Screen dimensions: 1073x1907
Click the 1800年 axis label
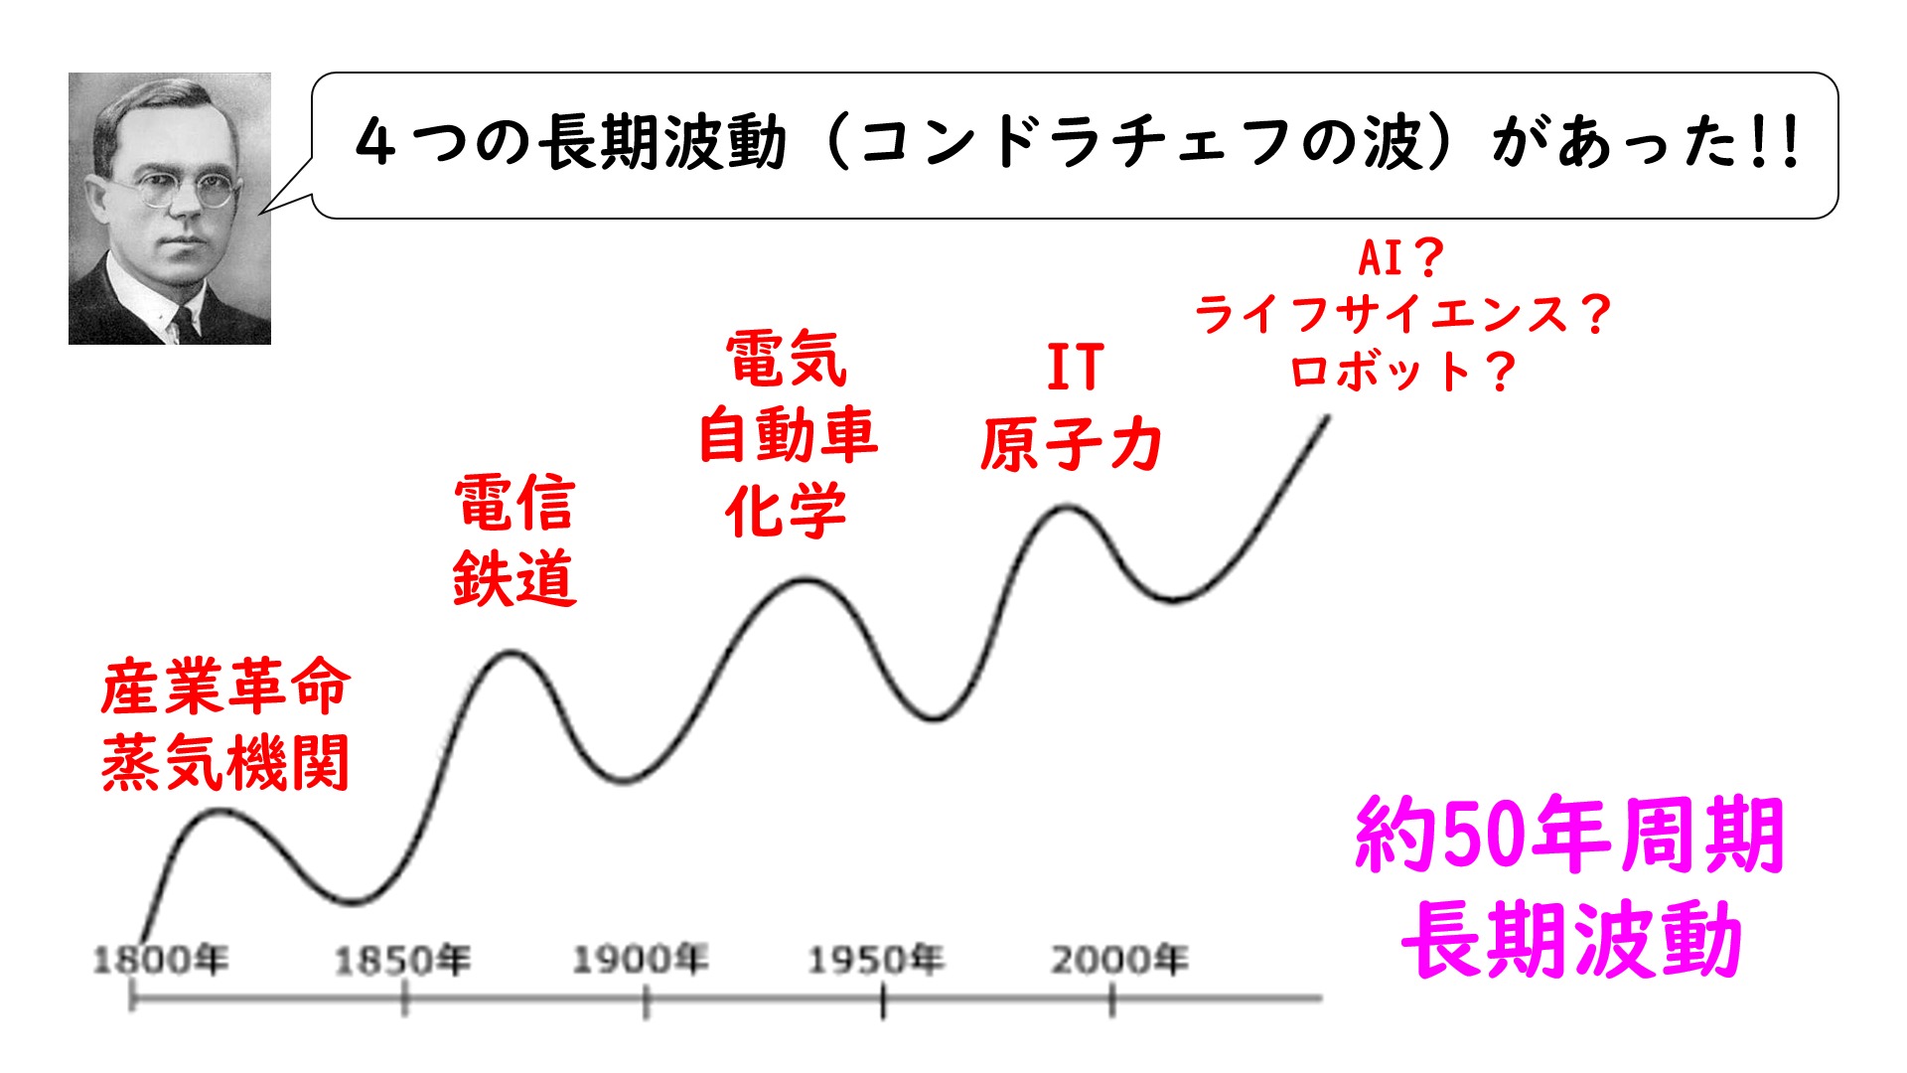point(160,960)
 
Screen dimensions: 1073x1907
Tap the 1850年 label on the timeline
point(401,960)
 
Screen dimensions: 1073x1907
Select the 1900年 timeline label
point(640,960)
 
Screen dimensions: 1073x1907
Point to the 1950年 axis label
point(875,960)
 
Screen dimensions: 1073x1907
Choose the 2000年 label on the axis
point(1119,960)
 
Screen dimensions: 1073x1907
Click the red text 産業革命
point(225,688)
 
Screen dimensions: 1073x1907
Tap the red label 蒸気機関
point(225,763)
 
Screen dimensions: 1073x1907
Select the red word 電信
point(514,503)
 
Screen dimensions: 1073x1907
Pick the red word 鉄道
point(514,578)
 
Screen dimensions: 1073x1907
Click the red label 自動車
point(788,435)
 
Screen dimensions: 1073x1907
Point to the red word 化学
point(786,512)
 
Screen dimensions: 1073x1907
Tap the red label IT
point(1075,368)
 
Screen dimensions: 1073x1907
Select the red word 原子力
point(1071,443)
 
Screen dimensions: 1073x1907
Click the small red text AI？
point(1400,259)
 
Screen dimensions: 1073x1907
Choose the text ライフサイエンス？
point(1401,315)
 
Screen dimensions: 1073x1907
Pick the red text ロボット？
point(1401,372)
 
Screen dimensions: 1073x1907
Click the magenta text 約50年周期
point(1569,836)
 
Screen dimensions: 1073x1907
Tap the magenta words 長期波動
point(1571,939)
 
